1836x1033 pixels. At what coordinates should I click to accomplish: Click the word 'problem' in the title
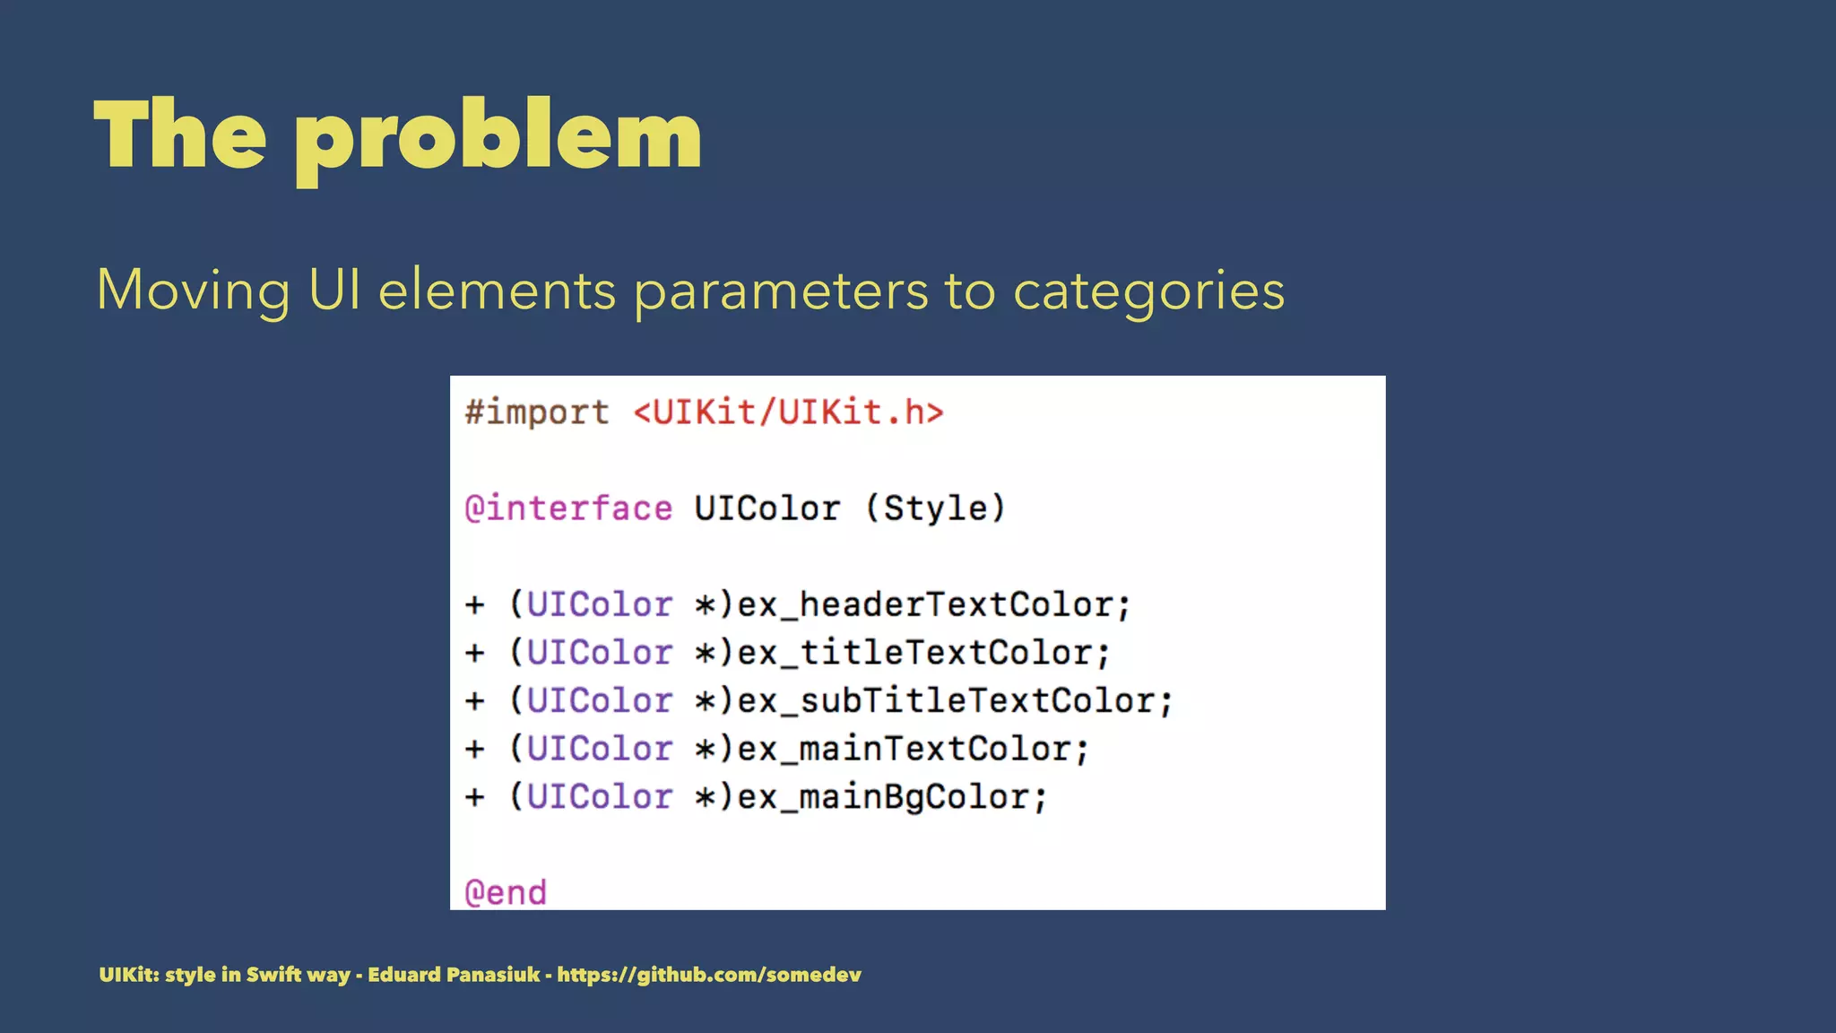tap(498, 136)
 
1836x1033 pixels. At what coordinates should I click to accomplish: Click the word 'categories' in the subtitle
tap(1148, 291)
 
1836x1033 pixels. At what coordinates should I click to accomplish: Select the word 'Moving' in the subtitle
tap(193, 291)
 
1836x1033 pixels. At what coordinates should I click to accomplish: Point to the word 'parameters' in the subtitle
tap(781, 291)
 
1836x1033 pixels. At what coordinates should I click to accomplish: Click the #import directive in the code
tap(537, 412)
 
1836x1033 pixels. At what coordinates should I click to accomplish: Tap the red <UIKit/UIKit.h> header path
tap(789, 412)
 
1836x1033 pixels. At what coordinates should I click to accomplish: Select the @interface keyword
tap(568, 508)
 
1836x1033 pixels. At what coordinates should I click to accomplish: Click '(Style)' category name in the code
tap(935, 508)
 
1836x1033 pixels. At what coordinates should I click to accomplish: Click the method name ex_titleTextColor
tap(923, 653)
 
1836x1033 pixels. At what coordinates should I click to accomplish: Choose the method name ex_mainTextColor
tap(913, 749)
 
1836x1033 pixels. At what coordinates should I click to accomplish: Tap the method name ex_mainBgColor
tap(891, 797)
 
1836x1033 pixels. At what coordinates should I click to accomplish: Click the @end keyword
tap(506, 892)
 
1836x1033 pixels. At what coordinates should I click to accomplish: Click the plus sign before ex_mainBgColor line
tap(475, 797)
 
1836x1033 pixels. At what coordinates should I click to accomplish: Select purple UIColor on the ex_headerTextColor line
tap(599, 604)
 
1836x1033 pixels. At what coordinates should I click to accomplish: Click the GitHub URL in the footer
tap(709, 975)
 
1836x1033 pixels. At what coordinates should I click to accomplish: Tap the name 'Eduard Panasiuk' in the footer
tap(454, 975)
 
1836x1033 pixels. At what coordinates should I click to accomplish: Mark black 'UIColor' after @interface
tap(767, 508)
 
